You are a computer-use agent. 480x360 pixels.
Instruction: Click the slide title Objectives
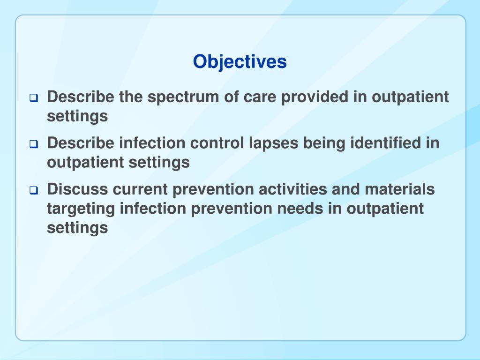240,61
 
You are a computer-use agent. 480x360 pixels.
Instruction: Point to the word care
260,97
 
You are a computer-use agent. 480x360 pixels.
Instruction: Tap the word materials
401,189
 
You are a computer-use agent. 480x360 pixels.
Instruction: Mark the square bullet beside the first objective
34,98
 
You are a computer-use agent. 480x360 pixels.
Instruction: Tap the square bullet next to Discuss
34,191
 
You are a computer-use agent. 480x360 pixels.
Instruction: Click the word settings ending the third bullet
77,228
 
